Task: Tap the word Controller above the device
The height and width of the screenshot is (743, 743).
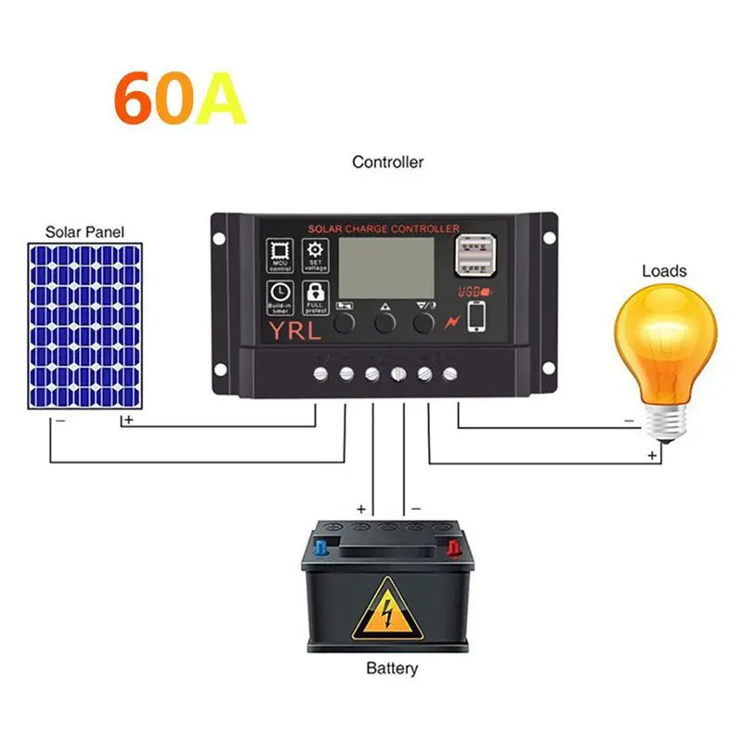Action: click(x=387, y=162)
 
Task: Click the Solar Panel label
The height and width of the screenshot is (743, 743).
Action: click(x=85, y=231)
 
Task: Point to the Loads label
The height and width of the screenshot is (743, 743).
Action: click(x=664, y=271)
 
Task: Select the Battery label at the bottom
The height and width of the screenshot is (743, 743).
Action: click(x=392, y=668)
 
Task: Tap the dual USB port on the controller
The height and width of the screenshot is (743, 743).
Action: click(x=473, y=257)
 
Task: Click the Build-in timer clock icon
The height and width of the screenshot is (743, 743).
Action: click(x=280, y=294)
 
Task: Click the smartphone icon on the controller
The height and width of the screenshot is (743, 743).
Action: click(x=476, y=317)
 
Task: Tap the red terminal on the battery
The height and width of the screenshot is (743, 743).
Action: click(x=455, y=547)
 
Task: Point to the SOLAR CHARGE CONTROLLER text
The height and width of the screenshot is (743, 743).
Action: click(x=383, y=228)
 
